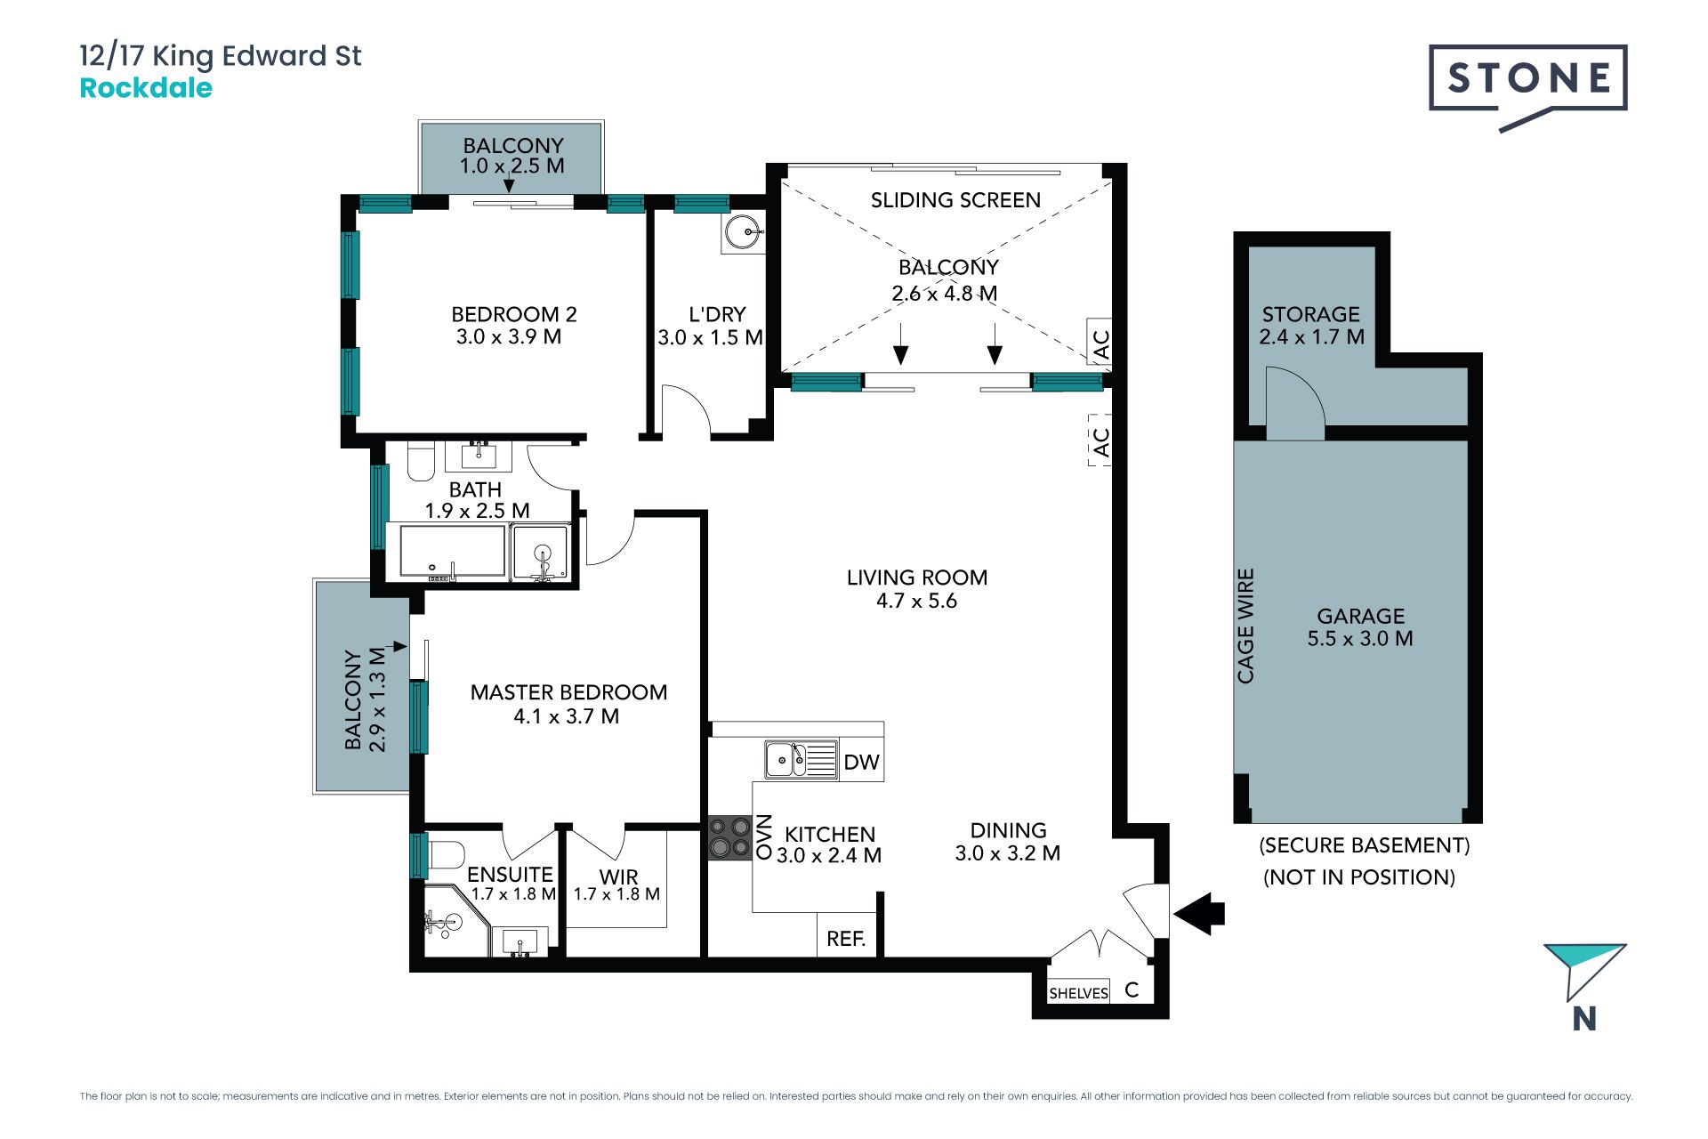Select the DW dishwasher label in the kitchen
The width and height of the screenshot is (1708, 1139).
[x=861, y=762]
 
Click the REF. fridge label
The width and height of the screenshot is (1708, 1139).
[x=846, y=939]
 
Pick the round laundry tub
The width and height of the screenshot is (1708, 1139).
[x=743, y=232]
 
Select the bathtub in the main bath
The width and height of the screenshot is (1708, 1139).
[x=453, y=552]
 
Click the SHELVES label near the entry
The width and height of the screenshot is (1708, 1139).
[x=1078, y=993]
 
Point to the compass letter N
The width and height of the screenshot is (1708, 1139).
[x=1584, y=1019]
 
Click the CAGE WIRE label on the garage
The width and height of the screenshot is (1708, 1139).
[x=1245, y=626]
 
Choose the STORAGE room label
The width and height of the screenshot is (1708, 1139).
[x=1310, y=314]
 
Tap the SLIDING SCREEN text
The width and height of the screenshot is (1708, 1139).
[x=955, y=200]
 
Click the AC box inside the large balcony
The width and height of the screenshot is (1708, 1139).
[x=1100, y=342]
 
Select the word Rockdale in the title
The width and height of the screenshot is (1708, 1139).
[x=146, y=88]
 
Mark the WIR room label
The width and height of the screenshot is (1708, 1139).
[x=618, y=876]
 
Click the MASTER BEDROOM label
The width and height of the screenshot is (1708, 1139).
[x=568, y=692]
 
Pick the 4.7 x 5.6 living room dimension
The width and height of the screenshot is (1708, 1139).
[x=916, y=601]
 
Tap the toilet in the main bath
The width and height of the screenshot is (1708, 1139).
[x=421, y=461]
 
